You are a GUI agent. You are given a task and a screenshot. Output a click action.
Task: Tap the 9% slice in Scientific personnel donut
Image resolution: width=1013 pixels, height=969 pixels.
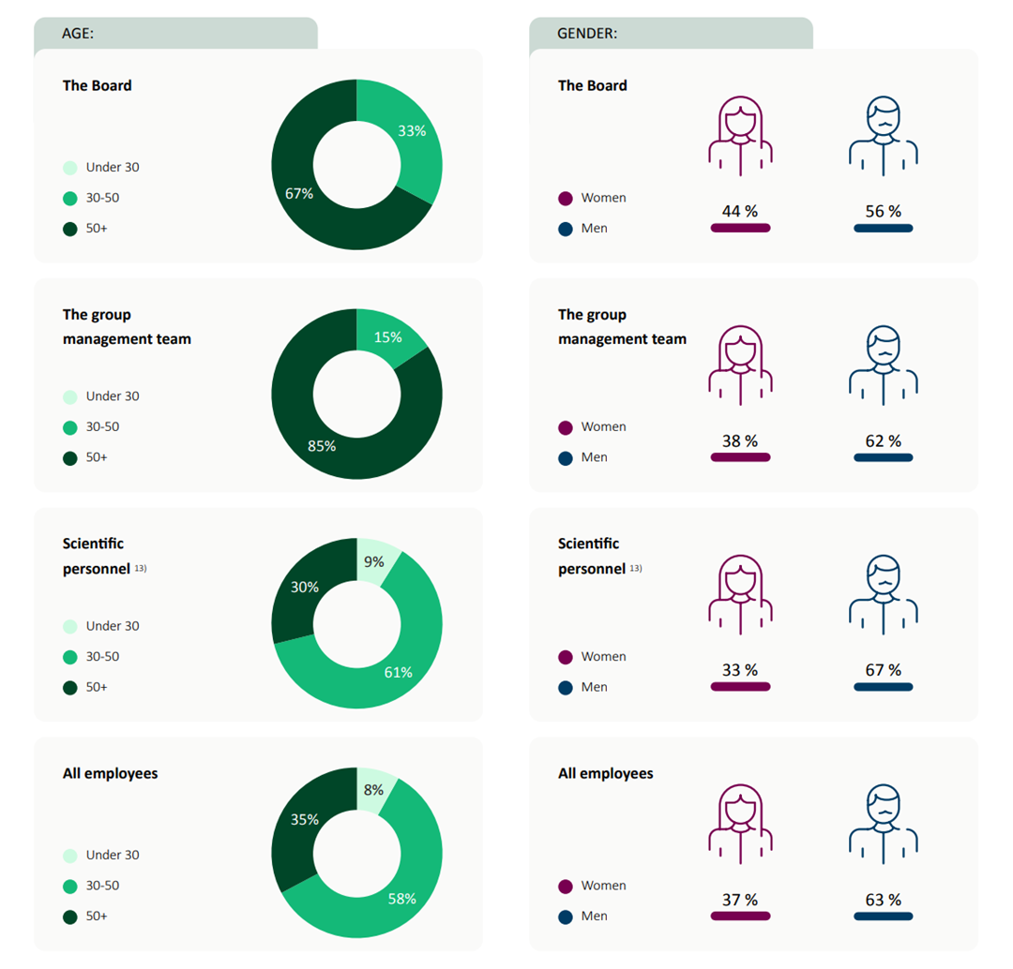click(x=377, y=559)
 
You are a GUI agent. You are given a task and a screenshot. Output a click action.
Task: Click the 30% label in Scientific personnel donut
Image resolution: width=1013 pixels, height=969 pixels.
click(x=304, y=588)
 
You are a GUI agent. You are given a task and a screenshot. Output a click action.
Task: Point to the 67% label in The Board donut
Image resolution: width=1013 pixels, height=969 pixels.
click(x=299, y=193)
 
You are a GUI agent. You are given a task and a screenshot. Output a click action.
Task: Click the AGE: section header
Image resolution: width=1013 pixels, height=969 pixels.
click(x=78, y=34)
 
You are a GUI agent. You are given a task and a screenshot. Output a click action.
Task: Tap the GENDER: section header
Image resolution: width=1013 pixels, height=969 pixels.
click(x=587, y=34)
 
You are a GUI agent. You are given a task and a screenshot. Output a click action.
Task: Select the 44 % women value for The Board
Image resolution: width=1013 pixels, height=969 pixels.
click(x=739, y=212)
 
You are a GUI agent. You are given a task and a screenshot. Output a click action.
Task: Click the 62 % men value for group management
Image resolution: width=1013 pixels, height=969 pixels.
click(x=883, y=441)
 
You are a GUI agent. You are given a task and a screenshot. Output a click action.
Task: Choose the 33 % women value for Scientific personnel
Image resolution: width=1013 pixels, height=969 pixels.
click(x=739, y=671)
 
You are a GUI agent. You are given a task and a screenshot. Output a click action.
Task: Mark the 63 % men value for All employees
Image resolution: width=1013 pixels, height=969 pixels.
click(x=883, y=901)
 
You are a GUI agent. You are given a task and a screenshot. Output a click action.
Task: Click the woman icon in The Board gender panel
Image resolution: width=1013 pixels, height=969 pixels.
click(x=740, y=135)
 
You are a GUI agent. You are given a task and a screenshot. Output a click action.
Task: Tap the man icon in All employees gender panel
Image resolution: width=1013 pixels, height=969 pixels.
click(x=883, y=823)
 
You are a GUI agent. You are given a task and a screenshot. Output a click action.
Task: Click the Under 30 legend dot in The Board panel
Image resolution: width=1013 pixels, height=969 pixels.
click(x=70, y=168)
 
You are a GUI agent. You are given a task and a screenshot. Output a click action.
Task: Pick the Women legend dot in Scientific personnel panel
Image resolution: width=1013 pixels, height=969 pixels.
click(x=566, y=657)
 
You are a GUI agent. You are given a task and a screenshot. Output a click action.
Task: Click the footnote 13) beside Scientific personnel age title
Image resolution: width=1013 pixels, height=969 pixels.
click(x=141, y=567)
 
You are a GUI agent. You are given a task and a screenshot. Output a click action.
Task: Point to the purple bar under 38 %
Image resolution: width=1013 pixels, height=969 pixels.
click(x=740, y=457)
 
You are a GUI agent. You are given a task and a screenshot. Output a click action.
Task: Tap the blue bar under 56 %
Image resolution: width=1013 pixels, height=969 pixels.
click(x=883, y=228)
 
